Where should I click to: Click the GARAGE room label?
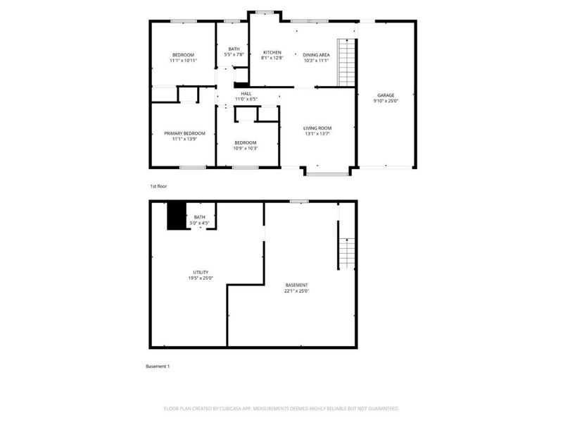click(385, 95)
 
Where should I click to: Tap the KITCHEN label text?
click(272, 52)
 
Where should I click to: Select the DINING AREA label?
click(316, 54)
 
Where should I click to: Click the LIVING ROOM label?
click(317, 128)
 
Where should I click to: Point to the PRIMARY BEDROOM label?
click(184, 133)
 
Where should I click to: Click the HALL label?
click(246, 93)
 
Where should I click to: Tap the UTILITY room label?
click(201, 272)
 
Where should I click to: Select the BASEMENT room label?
click(296, 285)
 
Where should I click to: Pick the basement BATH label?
click(200, 217)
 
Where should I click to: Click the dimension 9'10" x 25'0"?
click(385, 101)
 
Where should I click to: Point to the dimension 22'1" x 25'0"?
click(296, 290)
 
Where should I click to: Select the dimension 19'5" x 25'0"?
click(201, 278)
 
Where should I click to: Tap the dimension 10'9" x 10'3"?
click(246, 148)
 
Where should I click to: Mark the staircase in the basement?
click(344, 252)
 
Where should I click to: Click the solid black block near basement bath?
click(175, 216)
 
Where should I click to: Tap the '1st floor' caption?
click(158, 186)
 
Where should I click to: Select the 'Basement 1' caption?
click(158, 367)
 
